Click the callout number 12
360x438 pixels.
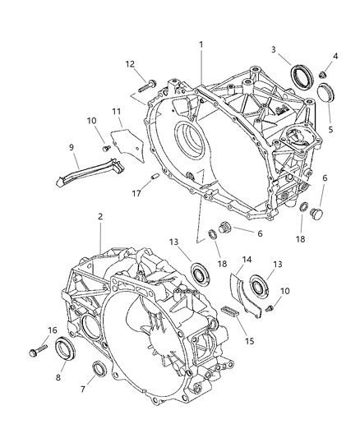click(131, 63)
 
